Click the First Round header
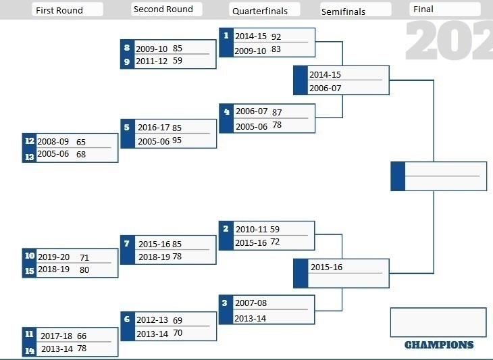coord(59,10)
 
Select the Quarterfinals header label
coord(260,11)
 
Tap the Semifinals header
coord(343,12)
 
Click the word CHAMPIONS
coord(439,345)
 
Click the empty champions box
coord(438,322)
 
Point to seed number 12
coord(30,140)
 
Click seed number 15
coord(30,271)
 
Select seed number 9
coord(127,61)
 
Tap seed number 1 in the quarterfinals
coord(226,36)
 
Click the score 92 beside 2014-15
coord(276,36)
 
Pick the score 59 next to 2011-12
coord(178,60)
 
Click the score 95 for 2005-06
coord(177,140)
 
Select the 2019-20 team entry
coord(54,257)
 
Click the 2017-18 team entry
coord(56,336)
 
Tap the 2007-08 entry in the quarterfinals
coord(251,303)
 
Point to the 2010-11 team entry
coord(251,230)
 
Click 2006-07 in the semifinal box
coord(325,88)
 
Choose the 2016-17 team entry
coord(154,128)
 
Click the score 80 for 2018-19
coord(84,269)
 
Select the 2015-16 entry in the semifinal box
coord(326,267)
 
